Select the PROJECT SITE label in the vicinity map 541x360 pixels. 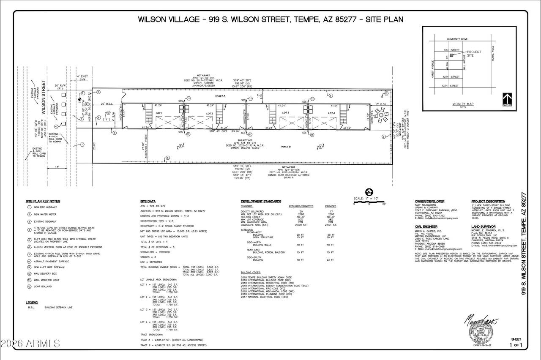(x=474, y=54)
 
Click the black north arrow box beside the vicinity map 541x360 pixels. (x=507, y=100)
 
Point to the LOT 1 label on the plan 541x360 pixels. (x=159, y=113)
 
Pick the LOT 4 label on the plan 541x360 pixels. (x=332, y=113)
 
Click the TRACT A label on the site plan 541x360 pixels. (x=221, y=96)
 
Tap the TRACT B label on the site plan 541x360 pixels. (x=285, y=147)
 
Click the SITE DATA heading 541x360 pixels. (x=148, y=201)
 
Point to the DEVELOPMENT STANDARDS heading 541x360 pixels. (x=261, y=201)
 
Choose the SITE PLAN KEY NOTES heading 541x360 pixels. (x=43, y=201)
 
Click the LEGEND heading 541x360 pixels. (x=32, y=303)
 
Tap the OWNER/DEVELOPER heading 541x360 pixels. (x=429, y=201)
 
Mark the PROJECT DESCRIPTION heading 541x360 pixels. (x=489, y=201)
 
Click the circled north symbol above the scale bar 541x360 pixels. (x=368, y=191)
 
